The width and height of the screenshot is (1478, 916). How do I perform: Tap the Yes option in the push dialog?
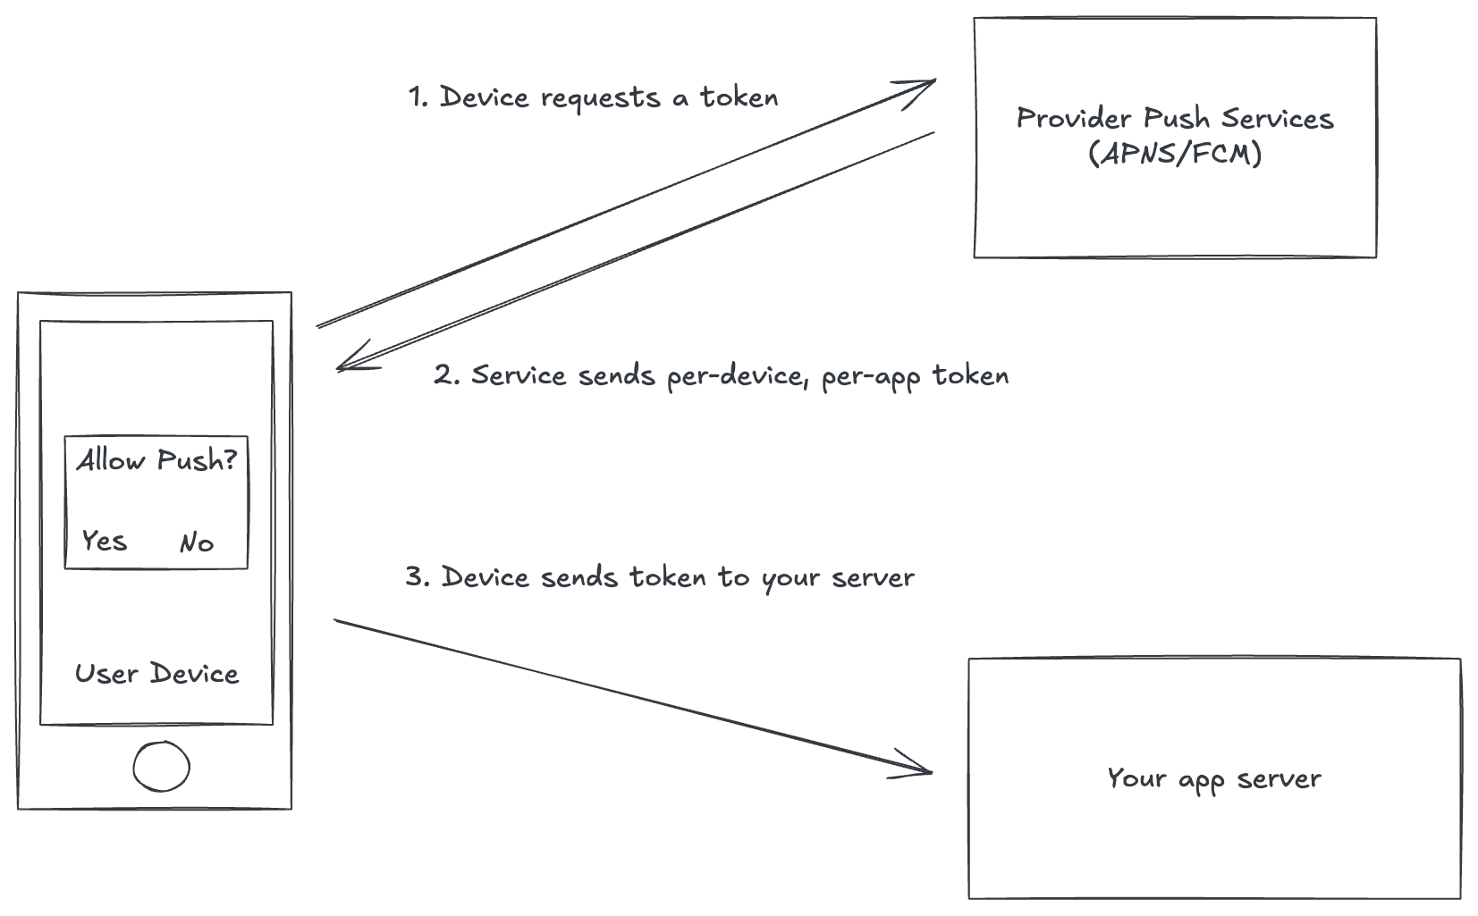pos(104,541)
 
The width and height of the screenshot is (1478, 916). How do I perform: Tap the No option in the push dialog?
pos(196,542)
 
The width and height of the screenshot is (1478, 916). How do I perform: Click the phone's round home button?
pos(161,767)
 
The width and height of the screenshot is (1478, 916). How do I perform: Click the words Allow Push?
pos(156,460)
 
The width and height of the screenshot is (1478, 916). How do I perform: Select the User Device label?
pos(156,674)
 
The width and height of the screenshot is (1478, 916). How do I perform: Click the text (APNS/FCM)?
pos(1175,154)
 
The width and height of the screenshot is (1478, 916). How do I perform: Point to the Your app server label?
pos(1213,778)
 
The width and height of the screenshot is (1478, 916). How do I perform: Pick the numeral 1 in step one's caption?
pos(416,97)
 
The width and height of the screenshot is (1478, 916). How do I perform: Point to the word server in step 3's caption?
pos(873,578)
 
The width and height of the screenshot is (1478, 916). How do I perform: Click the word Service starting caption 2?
pos(519,374)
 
